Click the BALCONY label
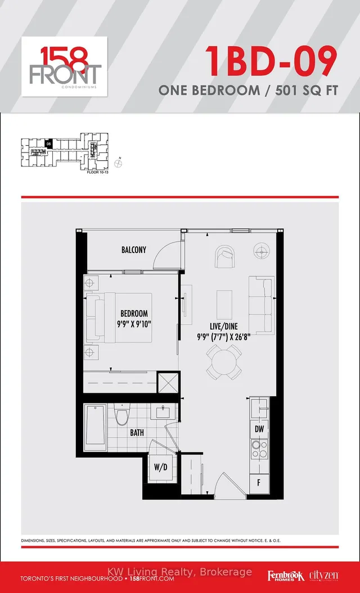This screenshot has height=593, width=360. pyautogui.click(x=134, y=249)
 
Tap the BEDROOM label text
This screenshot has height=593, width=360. pyautogui.click(x=134, y=313)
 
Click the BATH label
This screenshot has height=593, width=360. pyautogui.click(x=137, y=433)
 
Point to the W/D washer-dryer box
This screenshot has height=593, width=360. pyautogui.click(x=160, y=468)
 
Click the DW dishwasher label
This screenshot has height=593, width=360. pyautogui.click(x=260, y=429)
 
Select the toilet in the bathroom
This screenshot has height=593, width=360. pyautogui.click(x=120, y=416)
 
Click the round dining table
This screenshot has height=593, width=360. pyautogui.click(x=224, y=361)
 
